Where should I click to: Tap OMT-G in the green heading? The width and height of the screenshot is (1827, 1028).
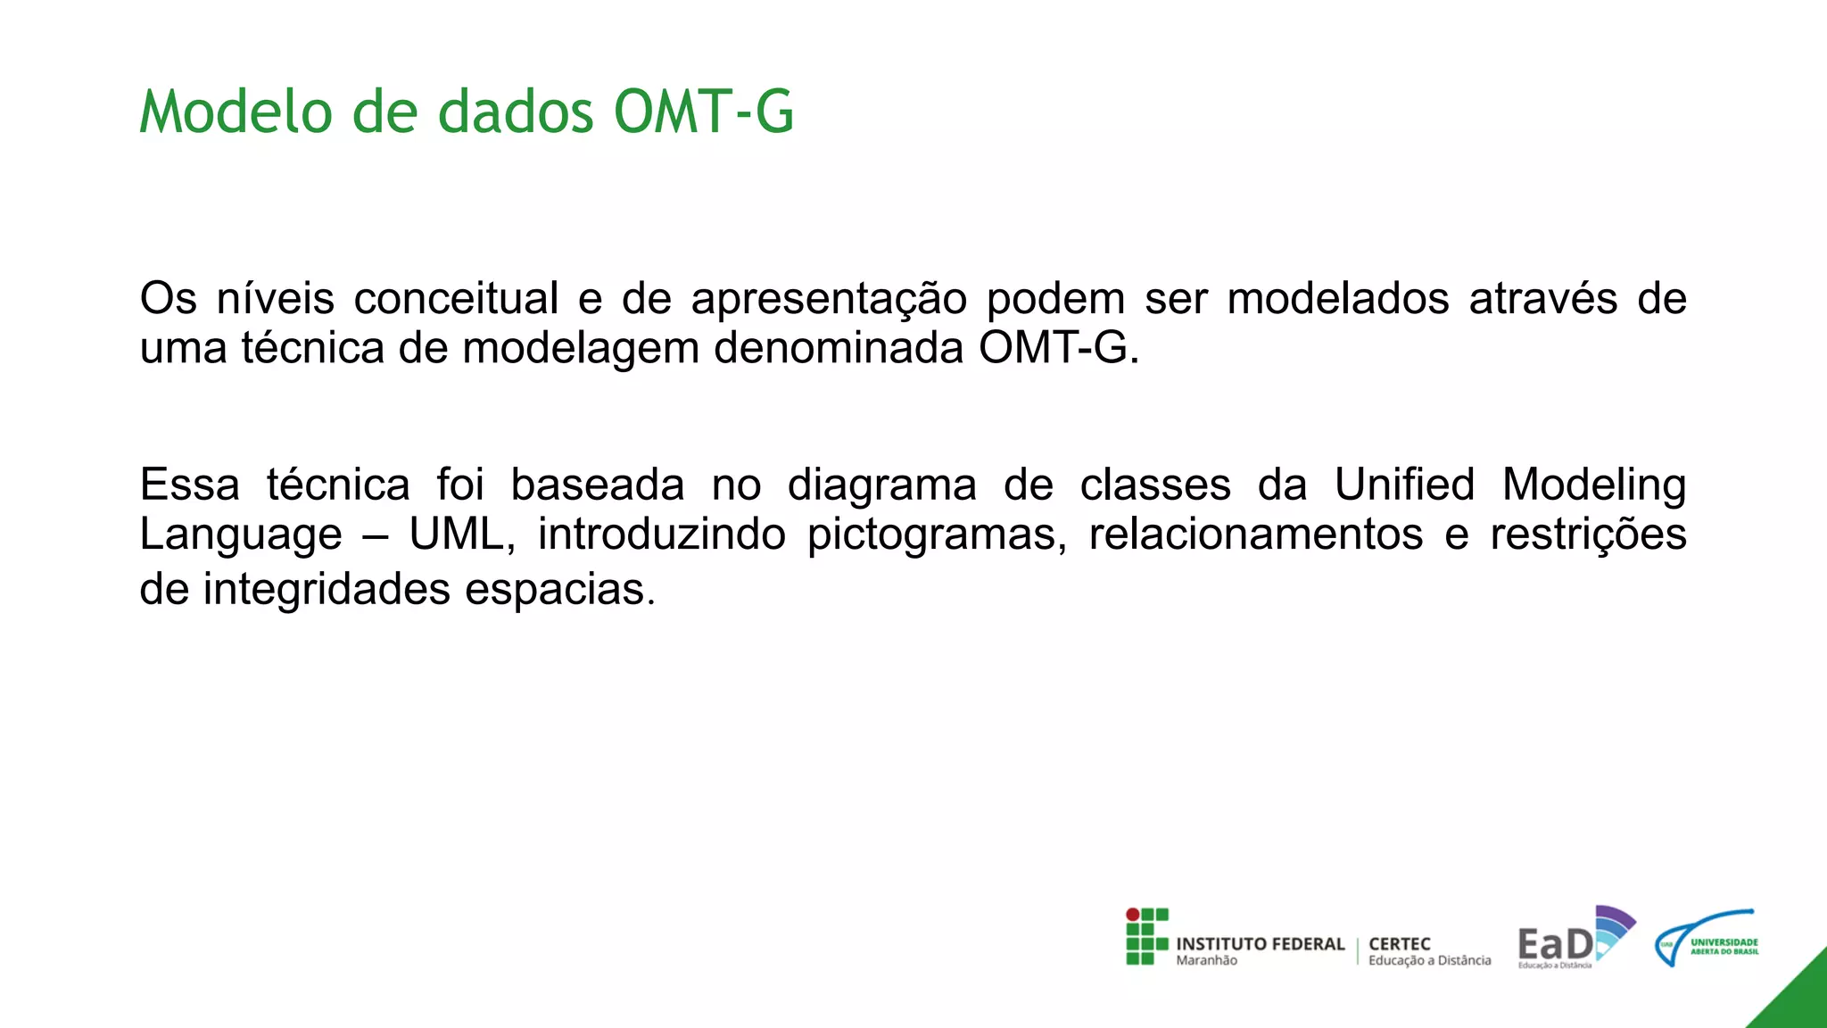click(x=703, y=112)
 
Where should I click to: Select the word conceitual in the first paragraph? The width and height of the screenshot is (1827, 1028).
click(x=456, y=298)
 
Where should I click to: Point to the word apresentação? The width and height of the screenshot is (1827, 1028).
click(x=829, y=300)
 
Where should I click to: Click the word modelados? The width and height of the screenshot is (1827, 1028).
click(x=1338, y=298)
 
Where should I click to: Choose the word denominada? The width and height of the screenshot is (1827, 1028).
click(x=839, y=347)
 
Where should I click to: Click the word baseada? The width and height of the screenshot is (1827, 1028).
click(x=597, y=485)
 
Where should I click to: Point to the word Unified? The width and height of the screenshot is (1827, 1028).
click(x=1404, y=485)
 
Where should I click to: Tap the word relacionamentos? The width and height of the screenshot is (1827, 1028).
click(x=1256, y=535)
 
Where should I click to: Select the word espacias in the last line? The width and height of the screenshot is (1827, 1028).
click(x=560, y=590)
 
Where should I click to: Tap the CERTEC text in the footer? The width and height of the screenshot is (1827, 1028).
click(x=1399, y=944)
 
